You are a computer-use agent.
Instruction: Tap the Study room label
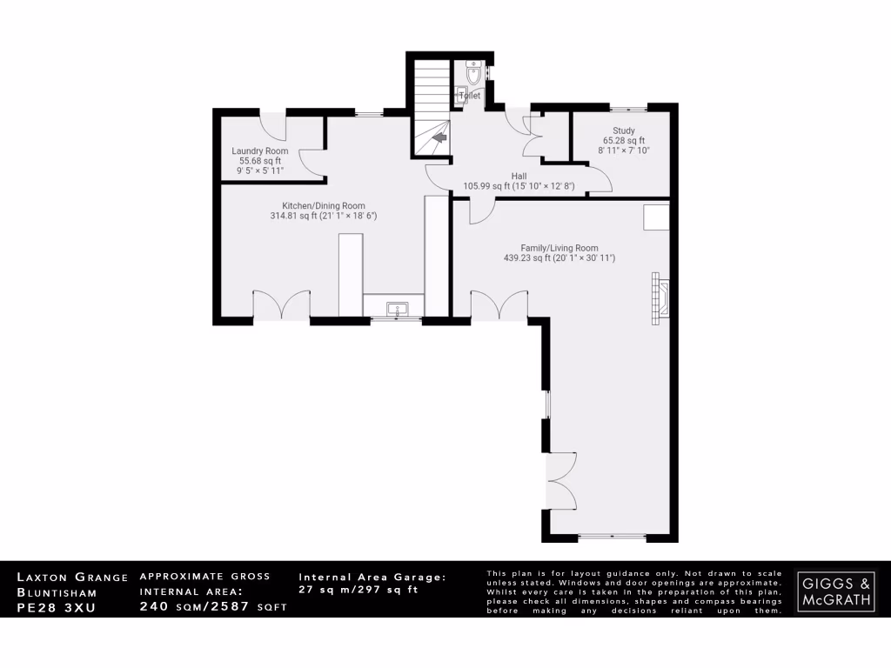pyautogui.click(x=623, y=130)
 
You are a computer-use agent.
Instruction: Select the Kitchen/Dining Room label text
pyautogui.click(x=317, y=205)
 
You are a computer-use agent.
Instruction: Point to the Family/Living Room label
pyautogui.click(x=559, y=248)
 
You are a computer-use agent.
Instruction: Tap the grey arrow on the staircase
pyautogui.click(x=440, y=137)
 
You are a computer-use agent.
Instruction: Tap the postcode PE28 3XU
pyautogui.click(x=57, y=606)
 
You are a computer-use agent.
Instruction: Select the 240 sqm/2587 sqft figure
pyautogui.click(x=212, y=606)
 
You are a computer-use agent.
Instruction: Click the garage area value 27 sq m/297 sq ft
pyautogui.click(x=358, y=590)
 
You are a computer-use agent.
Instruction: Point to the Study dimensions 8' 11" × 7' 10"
pyautogui.click(x=624, y=150)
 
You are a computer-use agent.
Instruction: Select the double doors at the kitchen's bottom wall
pyautogui.click(x=281, y=305)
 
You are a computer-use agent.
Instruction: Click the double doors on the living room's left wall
pyautogui.click(x=560, y=481)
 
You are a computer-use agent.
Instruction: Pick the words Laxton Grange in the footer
pyautogui.click(x=73, y=577)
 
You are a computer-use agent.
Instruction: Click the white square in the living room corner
pyautogui.click(x=656, y=217)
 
